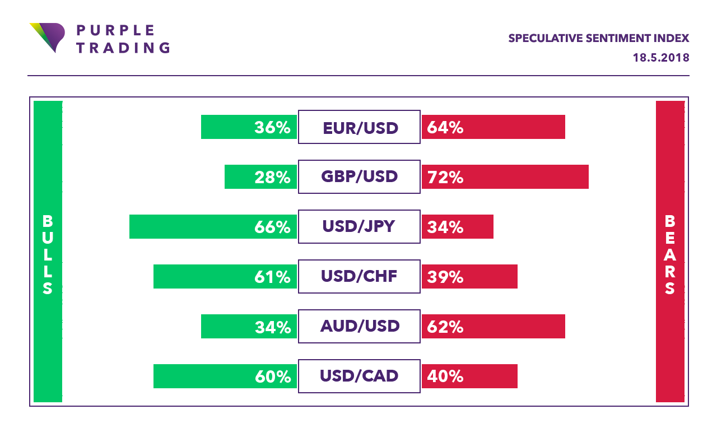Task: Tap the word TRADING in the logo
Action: point(123,48)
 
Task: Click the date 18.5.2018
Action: point(660,58)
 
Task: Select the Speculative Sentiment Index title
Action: point(598,38)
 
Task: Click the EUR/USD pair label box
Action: point(359,127)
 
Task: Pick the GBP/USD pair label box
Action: point(359,177)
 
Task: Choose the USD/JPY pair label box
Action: point(359,227)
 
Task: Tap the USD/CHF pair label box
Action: point(359,277)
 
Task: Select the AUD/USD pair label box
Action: point(359,326)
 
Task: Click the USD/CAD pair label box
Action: point(359,376)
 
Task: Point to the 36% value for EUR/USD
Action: point(272,128)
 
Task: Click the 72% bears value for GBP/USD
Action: point(445,178)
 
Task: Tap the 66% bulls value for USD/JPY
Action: point(272,227)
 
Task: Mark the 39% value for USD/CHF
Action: point(445,277)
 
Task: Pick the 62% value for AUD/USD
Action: point(445,327)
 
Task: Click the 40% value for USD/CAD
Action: point(445,376)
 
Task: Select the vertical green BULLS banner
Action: point(48,252)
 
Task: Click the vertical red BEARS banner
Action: point(670,252)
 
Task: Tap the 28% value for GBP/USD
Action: point(272,178)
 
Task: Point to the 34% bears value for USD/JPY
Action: point(445,227)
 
